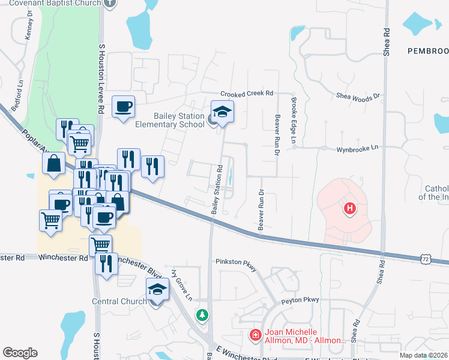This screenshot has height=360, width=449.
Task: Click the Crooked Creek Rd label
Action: tap(247, 94)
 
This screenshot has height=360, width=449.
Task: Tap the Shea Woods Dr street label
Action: tap(358, 95)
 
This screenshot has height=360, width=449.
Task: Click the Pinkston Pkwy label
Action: tap(236, 262)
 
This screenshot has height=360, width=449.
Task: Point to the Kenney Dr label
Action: tap(29, 27)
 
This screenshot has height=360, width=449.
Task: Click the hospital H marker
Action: tap(349, 209)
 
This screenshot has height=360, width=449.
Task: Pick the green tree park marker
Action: tap(203, 314)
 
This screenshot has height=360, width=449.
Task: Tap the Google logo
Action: tap(20, 353)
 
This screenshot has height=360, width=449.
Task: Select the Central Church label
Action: tap(119, 301)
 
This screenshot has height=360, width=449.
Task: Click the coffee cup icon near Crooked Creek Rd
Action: tap(124, 107)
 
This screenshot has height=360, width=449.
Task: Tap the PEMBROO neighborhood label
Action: tap(427, 51)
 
